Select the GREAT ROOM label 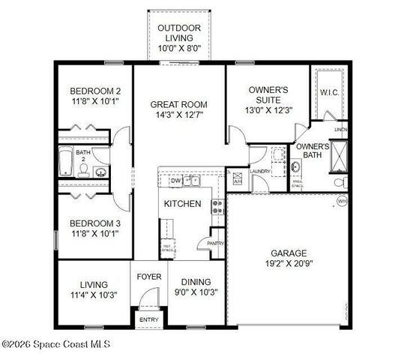[178, 104]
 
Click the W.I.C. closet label [330, 92]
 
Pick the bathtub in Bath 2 [66, 163]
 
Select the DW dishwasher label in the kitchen [175, 181]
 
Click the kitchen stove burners [218, 206]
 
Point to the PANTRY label [216, 243]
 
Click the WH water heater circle [342, 201]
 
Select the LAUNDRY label [260, 172]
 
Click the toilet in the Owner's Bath [339, 183]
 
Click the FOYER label [148, 277]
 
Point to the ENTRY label [148, 320]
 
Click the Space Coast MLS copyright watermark [56, 345]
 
